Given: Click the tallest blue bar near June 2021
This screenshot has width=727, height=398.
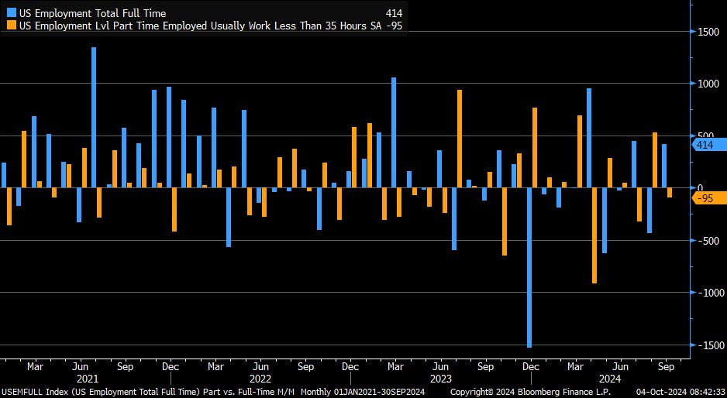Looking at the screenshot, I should click(x=94, y=117).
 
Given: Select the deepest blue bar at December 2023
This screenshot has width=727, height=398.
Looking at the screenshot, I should click(x=529, y=267).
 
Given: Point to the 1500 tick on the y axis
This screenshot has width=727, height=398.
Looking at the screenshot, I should click(x=707, y=31).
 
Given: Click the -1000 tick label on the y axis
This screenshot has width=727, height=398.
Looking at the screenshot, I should click(x=707, y=293).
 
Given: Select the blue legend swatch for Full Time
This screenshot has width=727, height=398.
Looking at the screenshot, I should click(x=11, y=13).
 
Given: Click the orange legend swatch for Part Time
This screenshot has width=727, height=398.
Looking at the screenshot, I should click(x=11, y=25).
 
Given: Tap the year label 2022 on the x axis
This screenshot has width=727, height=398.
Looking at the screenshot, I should click(x=261, y=379).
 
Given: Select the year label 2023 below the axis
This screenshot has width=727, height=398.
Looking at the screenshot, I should click(x=440, y=379).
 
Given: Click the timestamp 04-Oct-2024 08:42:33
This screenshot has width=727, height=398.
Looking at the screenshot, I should click(x=679, y=393).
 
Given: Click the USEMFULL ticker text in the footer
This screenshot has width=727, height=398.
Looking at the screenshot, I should click(x=23, y=393).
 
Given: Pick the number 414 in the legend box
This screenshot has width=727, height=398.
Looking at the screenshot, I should click(x=393, y=13).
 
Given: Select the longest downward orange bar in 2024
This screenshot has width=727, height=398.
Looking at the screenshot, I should click(x=594, y=235).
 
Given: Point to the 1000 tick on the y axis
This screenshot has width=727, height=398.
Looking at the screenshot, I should click(x=707, y=84).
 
